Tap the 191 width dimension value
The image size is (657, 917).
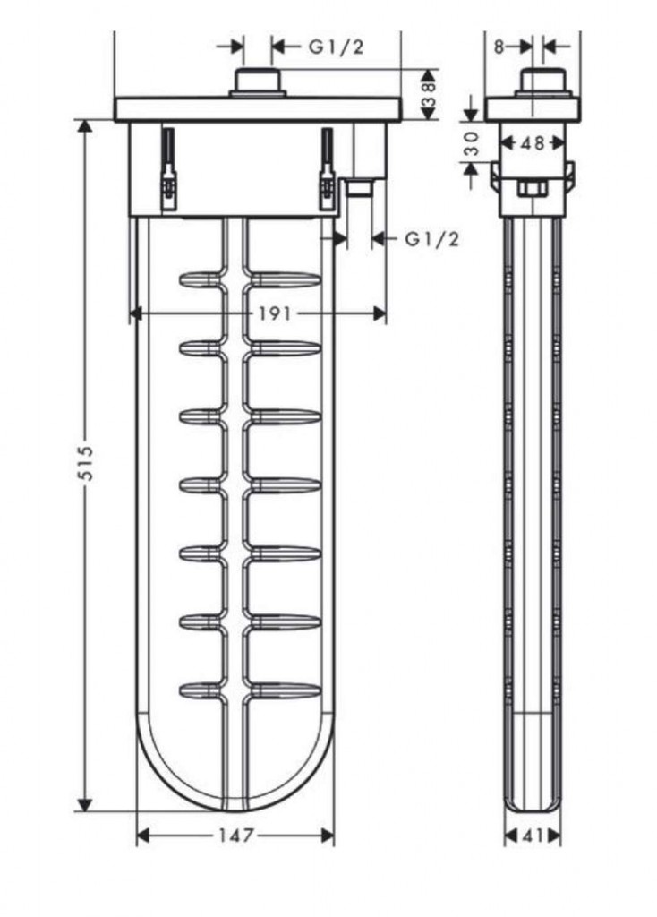point(275,314)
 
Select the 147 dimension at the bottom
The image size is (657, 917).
point(236,836)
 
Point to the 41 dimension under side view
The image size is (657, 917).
point(533,836)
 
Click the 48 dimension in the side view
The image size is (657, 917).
point(533,142)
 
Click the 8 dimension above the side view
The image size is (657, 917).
point(499,47)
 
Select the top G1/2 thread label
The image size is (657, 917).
point(336,47)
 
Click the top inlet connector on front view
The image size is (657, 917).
point(258,82)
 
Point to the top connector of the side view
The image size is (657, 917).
point(543,82)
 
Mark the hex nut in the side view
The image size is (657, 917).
point(532,189)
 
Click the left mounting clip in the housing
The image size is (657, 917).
point(168,168)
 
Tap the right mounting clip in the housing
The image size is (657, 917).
point(327,168)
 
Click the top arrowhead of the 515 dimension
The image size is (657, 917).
point(85,128)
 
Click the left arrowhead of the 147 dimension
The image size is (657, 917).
point(144,836)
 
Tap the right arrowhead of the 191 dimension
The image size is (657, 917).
point(379,314)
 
